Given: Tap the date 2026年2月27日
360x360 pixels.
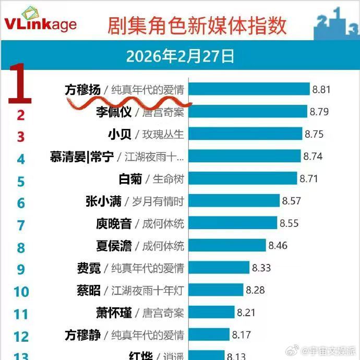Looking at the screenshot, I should (180, 56).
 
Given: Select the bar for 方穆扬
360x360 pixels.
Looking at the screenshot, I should (248, 89).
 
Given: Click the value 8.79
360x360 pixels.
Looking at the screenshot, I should (319, 112).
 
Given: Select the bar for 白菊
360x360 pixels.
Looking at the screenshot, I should (242, 179).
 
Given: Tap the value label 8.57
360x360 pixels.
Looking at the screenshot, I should (291, 201).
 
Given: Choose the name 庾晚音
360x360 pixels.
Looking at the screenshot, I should (113, 223).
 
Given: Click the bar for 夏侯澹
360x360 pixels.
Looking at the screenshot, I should (227, 245).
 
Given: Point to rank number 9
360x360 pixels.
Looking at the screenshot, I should (21, 269).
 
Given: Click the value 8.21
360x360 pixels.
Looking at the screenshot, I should (246, 313).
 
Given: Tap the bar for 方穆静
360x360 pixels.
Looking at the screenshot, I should (209, 334).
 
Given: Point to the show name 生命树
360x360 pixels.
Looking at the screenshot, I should (168, 179).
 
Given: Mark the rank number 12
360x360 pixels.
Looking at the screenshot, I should (21, 336).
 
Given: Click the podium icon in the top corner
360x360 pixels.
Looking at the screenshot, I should (337, 23).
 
